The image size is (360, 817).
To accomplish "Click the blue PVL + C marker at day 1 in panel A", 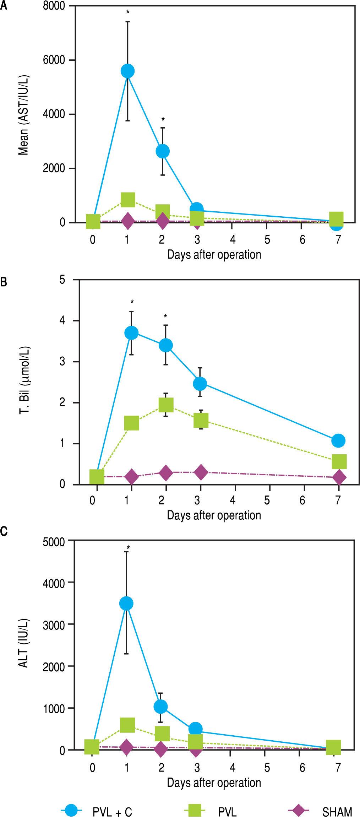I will pyautogui.click(x=127, y=71).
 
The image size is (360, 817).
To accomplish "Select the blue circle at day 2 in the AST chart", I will pyautogui.click(x=163, y=151).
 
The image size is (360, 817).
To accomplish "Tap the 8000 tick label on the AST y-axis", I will pyautogui.click(x=59, y=6).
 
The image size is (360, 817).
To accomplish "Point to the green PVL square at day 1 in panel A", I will pyautogui.click(x=128, y=200).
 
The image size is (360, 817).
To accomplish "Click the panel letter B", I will pyautogui.click(x=3, y=283).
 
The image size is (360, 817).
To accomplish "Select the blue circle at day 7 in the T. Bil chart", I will pyautogui.click(x=338, y=440).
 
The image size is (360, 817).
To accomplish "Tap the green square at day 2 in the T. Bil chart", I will pyautogui.click(x=166, y=405).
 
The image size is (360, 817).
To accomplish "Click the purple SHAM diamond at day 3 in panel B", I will pyautogui.click(x=201, y=472).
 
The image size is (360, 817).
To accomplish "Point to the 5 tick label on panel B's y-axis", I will pyautogui.click(x=63, y=280).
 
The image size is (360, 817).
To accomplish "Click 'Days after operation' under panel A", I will pyautogui.click(x=214, y=254).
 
